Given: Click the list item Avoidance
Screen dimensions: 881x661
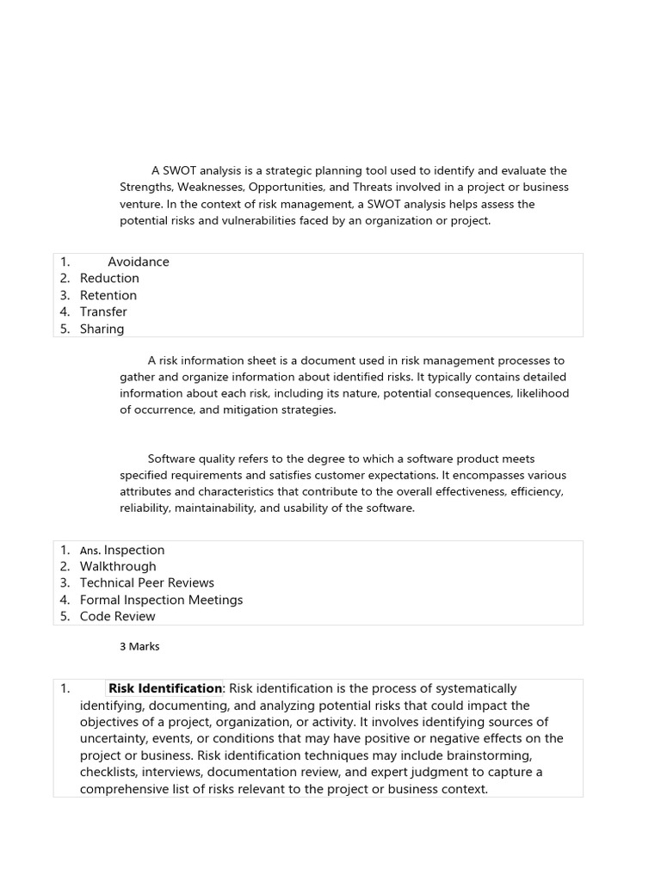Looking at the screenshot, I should [x=139, y=262].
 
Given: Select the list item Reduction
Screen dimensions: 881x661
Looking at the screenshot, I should [x=109, y=278].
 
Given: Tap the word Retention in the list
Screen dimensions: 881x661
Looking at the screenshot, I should [x=108, y=295].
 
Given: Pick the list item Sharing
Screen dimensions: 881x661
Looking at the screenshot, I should [x=102, y=329].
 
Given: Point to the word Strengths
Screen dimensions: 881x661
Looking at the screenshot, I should [x=146, y=188].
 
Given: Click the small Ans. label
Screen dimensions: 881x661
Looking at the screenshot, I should [x=90, y=551].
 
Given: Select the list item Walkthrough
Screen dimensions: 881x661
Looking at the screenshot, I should [x=118, y=566].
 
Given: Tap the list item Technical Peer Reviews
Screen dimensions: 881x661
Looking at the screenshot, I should [x=146, y=582].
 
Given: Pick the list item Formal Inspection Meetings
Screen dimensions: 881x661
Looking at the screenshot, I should [x=161, y=600].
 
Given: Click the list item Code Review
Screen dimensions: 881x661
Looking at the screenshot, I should [x=117, y=616].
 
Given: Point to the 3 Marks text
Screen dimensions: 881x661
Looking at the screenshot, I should [x=139, y=646].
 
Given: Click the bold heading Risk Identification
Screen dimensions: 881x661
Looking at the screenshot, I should [x=165, y=688].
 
